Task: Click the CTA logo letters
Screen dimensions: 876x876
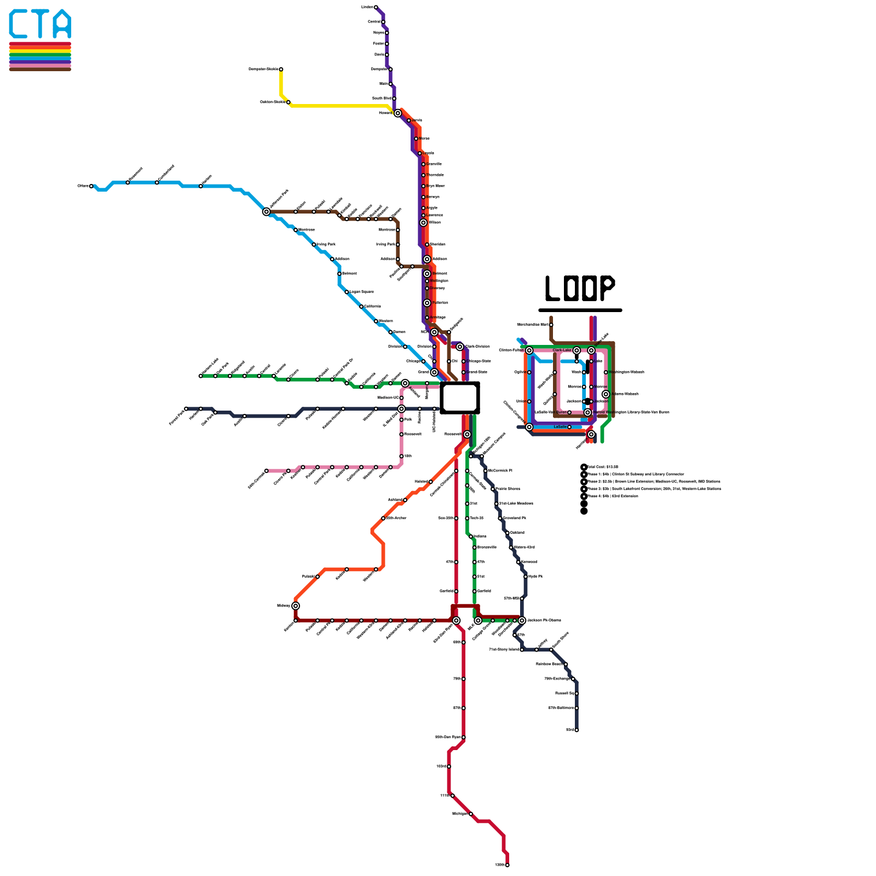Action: point(40,25)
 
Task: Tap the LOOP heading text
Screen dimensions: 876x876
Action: point(580,288)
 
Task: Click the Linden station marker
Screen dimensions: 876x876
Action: point(376,7)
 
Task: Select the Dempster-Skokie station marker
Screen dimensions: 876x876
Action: point(281,70)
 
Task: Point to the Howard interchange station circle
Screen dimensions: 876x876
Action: point(398,113)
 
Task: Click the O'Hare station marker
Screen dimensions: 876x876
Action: point(91,186)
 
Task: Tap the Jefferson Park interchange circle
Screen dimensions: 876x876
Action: point(267,212)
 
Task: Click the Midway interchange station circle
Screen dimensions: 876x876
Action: point(296,606)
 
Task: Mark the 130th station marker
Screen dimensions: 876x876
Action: point(508,865)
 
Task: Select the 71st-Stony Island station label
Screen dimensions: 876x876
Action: point(504,650)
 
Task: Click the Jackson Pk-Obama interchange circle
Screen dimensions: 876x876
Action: point(522,620)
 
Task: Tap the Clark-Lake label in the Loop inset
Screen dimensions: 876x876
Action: point(562,350)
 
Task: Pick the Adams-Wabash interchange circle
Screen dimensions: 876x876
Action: point(606,394)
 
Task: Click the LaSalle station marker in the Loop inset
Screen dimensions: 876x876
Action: point(569,427)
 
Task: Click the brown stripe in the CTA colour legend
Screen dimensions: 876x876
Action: point(40,69)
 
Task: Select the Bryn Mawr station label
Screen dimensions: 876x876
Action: point(436,186)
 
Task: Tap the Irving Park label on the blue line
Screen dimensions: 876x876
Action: point(326,245)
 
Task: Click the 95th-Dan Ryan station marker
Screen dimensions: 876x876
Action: point(464,737)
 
